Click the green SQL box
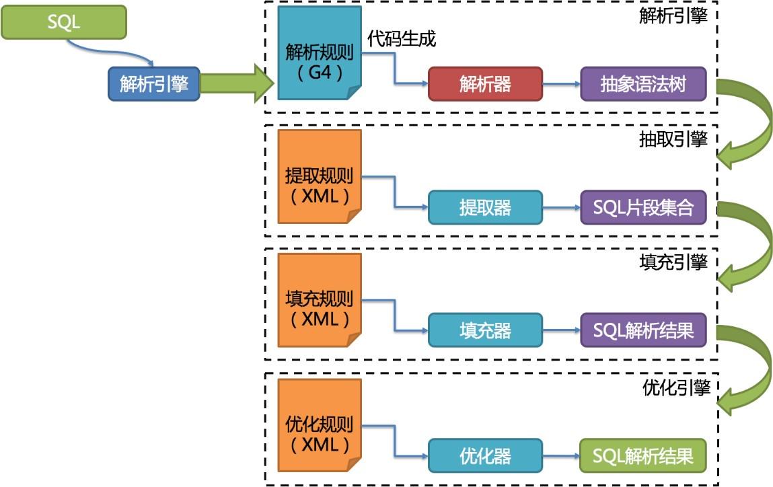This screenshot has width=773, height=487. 64,22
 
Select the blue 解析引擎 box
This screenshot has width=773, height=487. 154,84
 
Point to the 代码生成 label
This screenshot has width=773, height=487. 402,39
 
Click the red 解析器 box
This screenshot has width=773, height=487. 485,84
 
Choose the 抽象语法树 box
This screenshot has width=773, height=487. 643,84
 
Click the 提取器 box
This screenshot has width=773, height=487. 485,207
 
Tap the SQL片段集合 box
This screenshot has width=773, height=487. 643,207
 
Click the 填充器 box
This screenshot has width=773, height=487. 485,330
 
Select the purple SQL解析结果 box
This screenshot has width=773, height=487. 643,330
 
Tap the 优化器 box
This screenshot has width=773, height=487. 485,455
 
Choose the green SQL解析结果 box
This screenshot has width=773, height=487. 643,455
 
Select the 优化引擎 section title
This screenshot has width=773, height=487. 675,387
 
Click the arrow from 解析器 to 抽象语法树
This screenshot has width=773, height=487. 561,84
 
